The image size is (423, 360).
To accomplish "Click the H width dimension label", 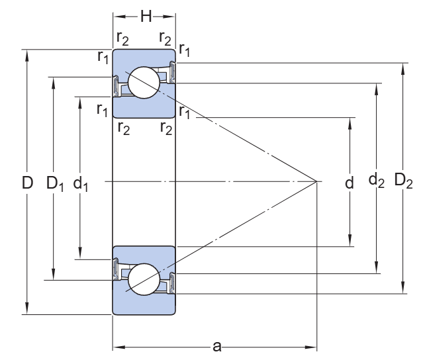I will point(144,15).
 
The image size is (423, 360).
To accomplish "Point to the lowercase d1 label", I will point(81,183).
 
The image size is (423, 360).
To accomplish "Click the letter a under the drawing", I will point(215,345).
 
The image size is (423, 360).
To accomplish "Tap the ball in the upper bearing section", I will point(144,83).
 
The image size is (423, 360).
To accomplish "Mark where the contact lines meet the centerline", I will point(316,181).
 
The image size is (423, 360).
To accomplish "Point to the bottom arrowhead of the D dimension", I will point(27,309).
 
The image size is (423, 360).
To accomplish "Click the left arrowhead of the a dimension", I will point(117,345).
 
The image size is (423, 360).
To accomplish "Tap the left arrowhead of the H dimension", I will point(117,15).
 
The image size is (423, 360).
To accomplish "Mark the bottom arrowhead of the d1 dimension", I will point(81,255).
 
